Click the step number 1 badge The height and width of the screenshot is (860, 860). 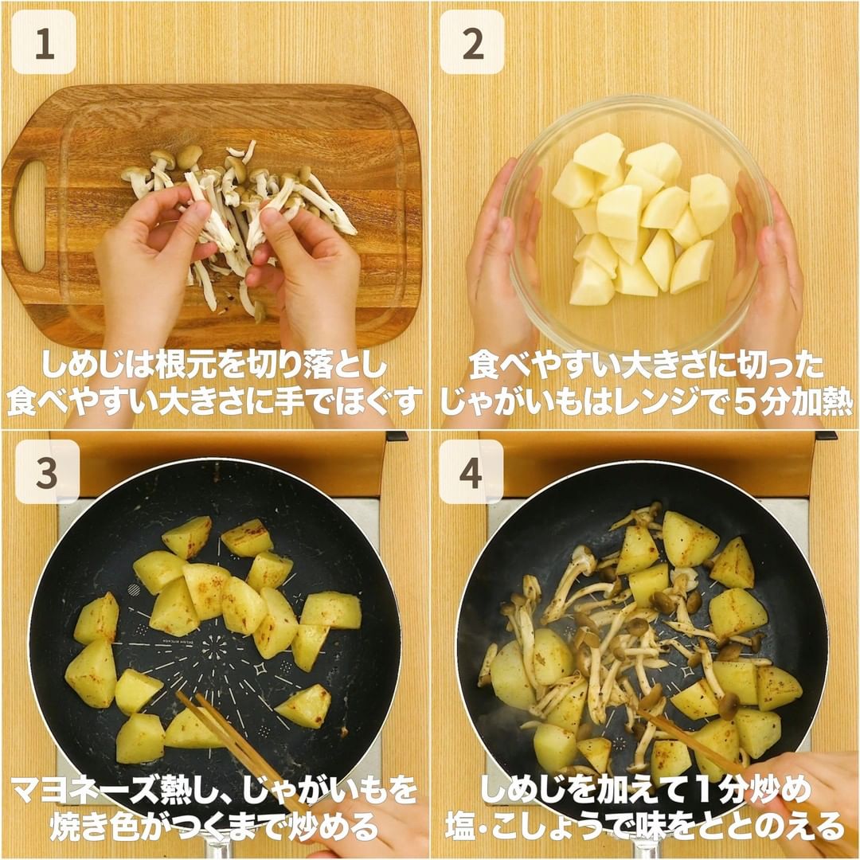click(x=44, y=42)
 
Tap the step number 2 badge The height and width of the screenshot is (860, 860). click(x=472, y=42)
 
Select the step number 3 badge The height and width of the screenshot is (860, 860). click(x=47, y=471)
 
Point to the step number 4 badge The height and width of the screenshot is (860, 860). click(x=471, y=471)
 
